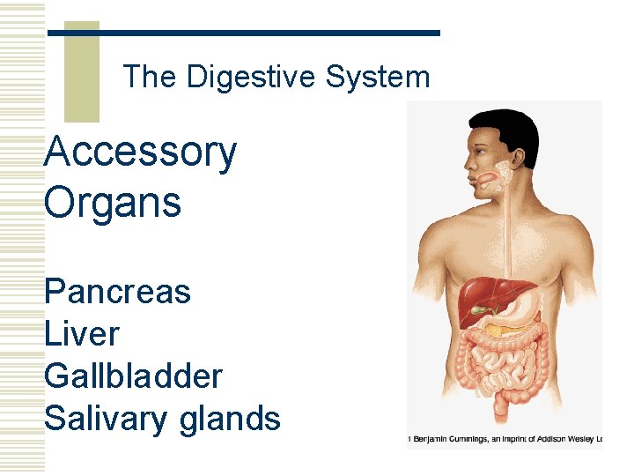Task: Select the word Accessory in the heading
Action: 140,152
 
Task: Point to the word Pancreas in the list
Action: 117,291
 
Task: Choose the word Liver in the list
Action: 81,334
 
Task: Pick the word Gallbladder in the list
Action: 133,376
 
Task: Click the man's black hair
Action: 506,128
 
